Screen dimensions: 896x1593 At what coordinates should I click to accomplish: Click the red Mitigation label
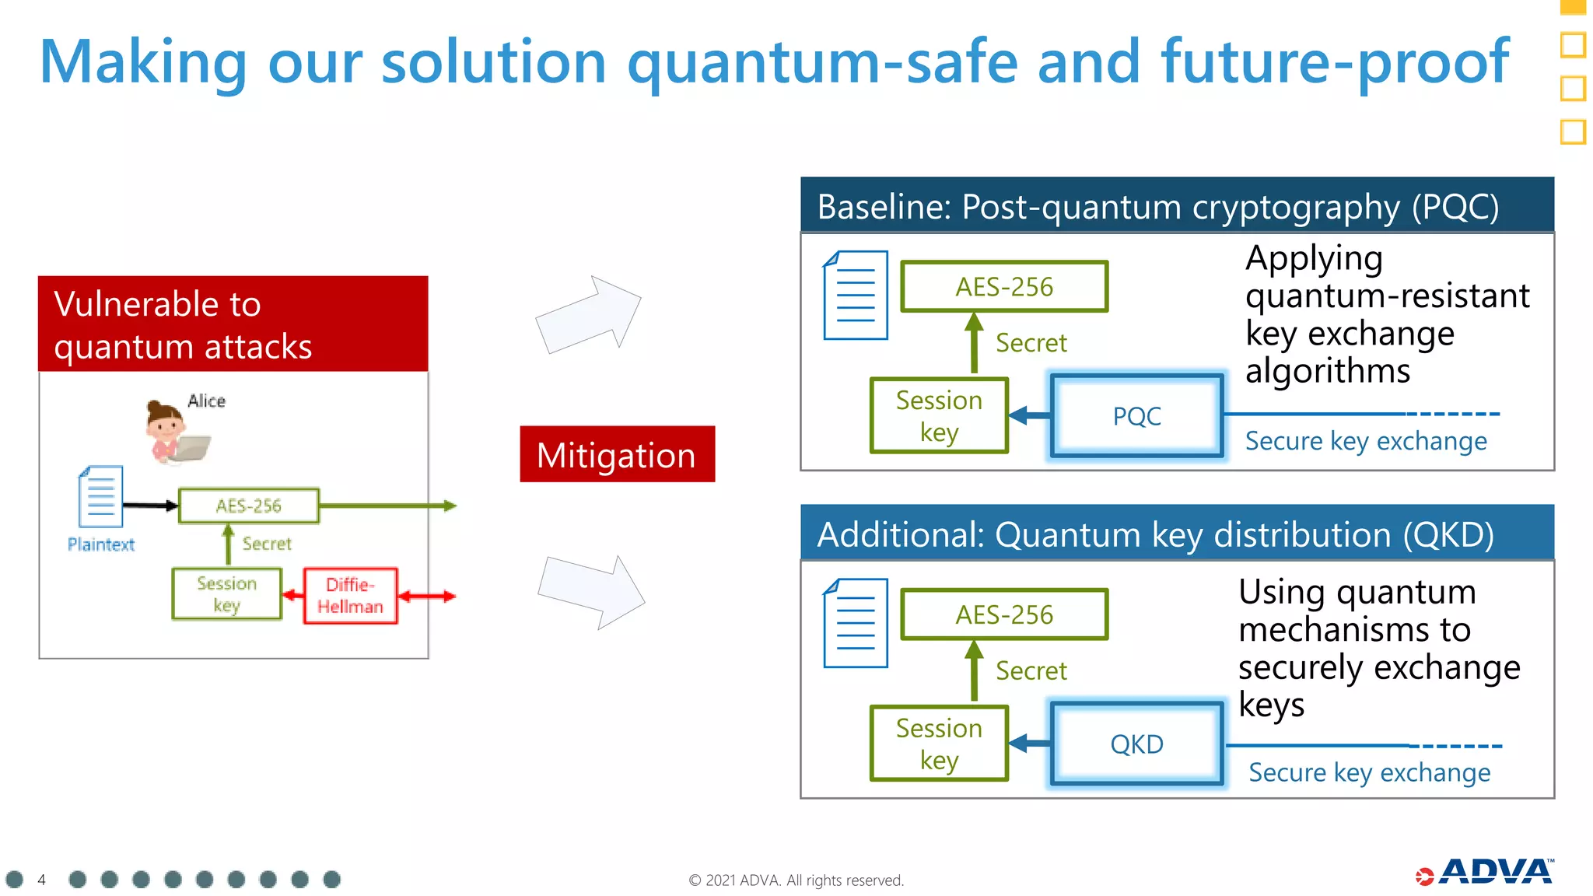coord(617,454)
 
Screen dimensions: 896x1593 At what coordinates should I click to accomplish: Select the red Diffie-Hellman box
coord(350,596)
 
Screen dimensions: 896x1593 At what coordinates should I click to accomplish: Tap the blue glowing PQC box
coord(1136,416)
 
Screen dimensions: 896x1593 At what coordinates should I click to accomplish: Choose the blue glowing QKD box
coord(1136,744)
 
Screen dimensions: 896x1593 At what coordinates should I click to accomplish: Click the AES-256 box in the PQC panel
coord(1004,287)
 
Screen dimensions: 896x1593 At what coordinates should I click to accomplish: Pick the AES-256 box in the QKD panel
coord(1004,614)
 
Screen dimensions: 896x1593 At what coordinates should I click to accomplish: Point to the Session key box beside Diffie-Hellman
coord(226,594)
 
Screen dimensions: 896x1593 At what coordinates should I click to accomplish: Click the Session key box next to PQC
coord(939,416)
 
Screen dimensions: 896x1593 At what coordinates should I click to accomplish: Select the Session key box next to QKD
coord(939,744)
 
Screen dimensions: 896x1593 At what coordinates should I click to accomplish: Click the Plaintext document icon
coord(100,497)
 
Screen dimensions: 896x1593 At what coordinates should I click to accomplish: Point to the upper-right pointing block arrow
coord(590,314)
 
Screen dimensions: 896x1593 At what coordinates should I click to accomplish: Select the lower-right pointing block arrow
coord(593,592)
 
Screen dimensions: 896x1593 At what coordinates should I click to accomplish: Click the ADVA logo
coord(1486,873)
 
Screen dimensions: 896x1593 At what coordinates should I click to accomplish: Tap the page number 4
coord(42,880)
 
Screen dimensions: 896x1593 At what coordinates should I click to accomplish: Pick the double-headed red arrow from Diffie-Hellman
coord(426,597)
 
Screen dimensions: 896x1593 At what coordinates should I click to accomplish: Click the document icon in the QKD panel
coord(856,623)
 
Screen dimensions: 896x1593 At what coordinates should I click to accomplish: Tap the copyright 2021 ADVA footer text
coord(796,880)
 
